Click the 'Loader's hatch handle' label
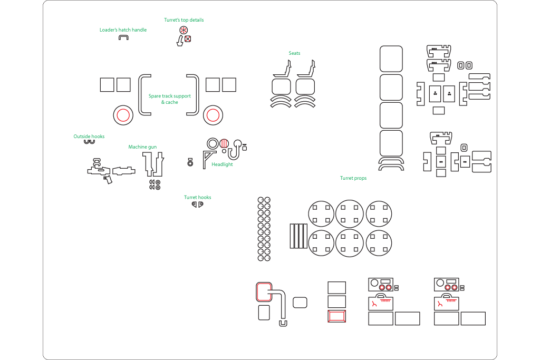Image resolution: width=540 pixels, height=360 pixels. tap(123, 30)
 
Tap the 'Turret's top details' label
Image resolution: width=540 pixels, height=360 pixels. tap(184, 20)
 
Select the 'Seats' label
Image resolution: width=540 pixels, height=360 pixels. tap(294, 53)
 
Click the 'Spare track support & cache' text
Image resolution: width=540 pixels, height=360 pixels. tap(169, 99)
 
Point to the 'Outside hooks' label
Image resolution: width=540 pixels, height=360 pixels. tap(89, 137)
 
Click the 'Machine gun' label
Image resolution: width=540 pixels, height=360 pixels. tap(142, 147)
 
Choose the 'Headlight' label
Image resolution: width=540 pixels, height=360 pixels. tap(222, 164)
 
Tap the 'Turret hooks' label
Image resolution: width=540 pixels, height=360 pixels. tap(197, 198)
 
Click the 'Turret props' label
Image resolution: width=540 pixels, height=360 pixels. tap(353, 178)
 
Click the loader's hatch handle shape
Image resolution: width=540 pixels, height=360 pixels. tap(123, 38)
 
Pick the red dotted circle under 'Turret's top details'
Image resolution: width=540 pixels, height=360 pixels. tap(184, 30)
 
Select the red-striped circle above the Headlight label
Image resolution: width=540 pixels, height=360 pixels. tap(225, 143)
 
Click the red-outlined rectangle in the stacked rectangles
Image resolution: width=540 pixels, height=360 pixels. tap(336, 316)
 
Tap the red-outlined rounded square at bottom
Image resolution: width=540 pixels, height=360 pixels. tap(263, 291)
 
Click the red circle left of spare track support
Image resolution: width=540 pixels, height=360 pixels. tap(123, 115)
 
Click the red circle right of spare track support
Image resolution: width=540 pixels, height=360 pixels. tap(213, 115)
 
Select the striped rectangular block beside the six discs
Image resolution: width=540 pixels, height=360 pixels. tap(298, 236)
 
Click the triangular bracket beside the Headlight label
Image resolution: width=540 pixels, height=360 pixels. tap(209, 157)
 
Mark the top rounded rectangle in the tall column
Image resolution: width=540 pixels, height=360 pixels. tap(391, 59)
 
